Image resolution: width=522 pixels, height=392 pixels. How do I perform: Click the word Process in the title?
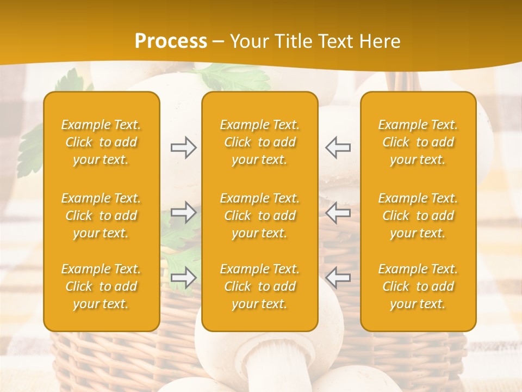171,41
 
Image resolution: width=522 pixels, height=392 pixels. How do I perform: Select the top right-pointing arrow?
183,148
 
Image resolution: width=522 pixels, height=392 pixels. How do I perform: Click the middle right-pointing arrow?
183,212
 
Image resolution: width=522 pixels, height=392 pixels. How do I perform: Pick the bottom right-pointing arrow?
183,278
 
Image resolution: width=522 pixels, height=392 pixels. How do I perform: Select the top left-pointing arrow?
338,148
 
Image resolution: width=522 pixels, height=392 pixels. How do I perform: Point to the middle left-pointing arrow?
338,212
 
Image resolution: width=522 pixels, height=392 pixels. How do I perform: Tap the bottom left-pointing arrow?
338,278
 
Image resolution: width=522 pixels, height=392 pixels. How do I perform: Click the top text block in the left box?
101,142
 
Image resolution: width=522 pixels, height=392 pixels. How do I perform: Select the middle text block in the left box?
101,216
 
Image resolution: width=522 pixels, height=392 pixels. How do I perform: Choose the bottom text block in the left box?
101,286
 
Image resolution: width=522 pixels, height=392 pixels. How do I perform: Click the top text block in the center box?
259,142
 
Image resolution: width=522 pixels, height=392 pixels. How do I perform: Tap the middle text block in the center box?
259,216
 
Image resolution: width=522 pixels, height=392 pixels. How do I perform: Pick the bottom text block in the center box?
259,286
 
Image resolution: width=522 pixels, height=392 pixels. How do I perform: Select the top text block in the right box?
418,142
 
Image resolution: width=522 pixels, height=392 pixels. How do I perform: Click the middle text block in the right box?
418,216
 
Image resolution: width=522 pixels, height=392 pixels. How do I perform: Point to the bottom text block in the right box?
418,286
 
